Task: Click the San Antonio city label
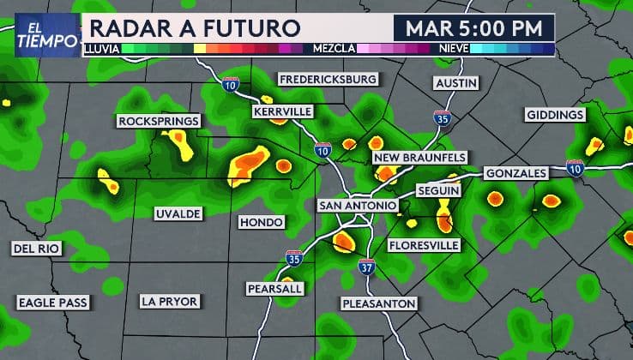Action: (358, 206)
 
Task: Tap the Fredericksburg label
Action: (329, 80)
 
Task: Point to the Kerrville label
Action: (283, 111)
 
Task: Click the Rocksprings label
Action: (159, 121)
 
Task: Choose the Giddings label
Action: (555, 115)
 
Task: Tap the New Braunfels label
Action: (420, 158)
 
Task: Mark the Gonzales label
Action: (515, 173)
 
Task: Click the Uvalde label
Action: (178, 212)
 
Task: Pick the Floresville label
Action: (424, 246)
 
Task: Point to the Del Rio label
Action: (36, 249)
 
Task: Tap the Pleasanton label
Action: (378, 303)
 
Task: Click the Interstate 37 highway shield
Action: (366, 267)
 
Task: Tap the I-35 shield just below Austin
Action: (441, 118)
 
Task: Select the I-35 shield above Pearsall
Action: (294, 257)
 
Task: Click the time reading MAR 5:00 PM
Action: (474, 27)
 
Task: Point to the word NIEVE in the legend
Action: (454, 49)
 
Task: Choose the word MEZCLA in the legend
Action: (335, 49)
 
